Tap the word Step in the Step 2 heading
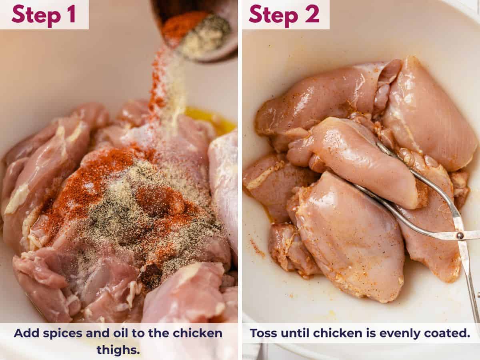coord(272,14)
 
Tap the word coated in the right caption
coord(450,333)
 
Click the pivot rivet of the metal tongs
coord(460,236)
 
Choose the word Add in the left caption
coord(25,333)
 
